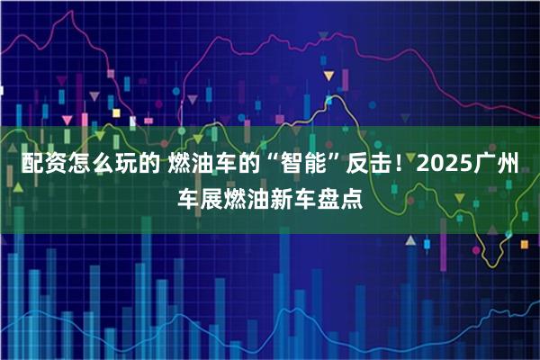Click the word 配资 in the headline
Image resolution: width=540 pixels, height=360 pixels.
[x=40, y=165]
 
